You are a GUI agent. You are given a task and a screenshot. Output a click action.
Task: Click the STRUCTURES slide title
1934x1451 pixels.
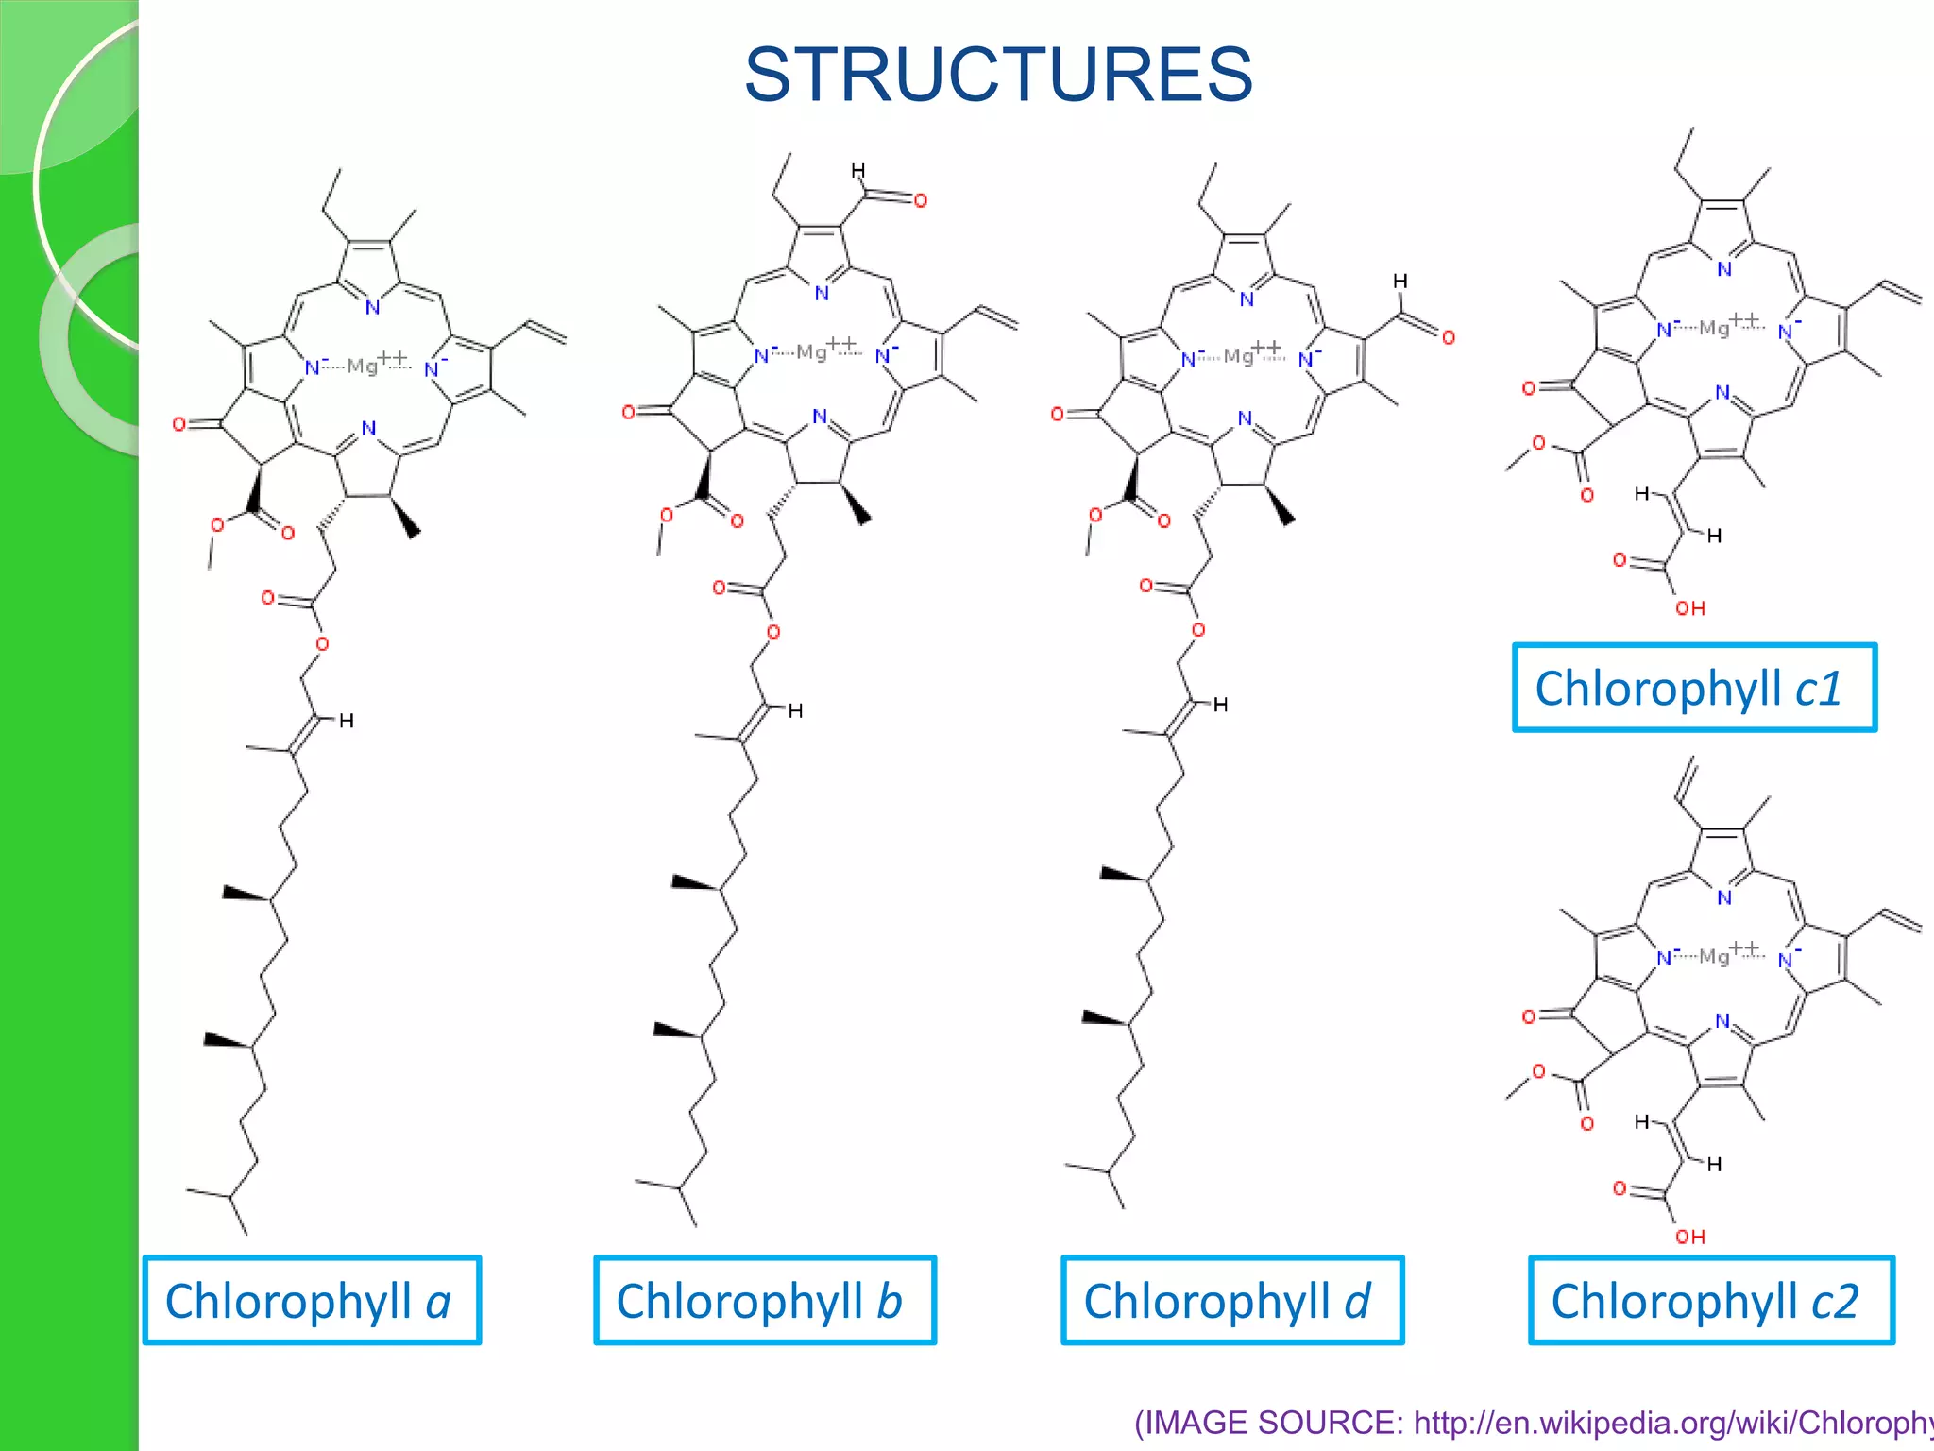[998, 76]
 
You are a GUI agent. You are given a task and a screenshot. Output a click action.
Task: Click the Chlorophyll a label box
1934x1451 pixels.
[312, 1300]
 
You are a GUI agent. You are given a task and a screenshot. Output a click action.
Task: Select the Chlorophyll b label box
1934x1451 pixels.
[764, 1300]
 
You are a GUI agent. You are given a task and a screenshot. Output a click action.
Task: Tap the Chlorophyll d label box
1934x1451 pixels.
[1231, 1300]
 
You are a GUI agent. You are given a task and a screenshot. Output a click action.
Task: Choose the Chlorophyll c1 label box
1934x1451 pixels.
[1694, 688]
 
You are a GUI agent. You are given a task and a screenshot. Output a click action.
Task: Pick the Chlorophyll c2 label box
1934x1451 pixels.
[1711, 1300]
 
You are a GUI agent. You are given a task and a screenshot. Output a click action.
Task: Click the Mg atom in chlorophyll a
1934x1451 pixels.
[363, 366]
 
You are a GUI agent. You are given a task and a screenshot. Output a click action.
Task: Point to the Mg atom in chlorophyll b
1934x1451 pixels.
[811, 352]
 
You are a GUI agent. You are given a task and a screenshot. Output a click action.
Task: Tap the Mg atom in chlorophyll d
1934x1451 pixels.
[1238, 356]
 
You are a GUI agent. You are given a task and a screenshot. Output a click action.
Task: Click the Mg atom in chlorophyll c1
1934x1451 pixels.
[1714, 328]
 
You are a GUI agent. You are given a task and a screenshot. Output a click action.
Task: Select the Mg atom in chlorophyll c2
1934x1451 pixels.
[1714, 956]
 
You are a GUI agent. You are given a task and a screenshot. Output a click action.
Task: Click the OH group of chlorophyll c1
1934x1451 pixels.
[1690, 608]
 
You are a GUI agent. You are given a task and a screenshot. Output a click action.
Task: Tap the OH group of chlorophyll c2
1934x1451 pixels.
[1690, 1237]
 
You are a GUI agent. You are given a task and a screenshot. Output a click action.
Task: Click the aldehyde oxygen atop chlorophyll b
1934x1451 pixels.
[921, 200]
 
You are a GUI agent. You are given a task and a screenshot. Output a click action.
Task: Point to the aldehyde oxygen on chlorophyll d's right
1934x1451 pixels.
[1449, 337]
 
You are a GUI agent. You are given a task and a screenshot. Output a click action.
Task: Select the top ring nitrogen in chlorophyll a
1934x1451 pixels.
[373, 307]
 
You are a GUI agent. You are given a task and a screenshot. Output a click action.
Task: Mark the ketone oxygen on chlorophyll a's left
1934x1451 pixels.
[178, 424]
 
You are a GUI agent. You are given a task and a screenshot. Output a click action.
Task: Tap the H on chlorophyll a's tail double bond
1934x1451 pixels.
[347, 721]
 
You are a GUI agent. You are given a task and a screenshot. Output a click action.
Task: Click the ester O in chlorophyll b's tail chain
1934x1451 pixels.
[772, 632]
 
